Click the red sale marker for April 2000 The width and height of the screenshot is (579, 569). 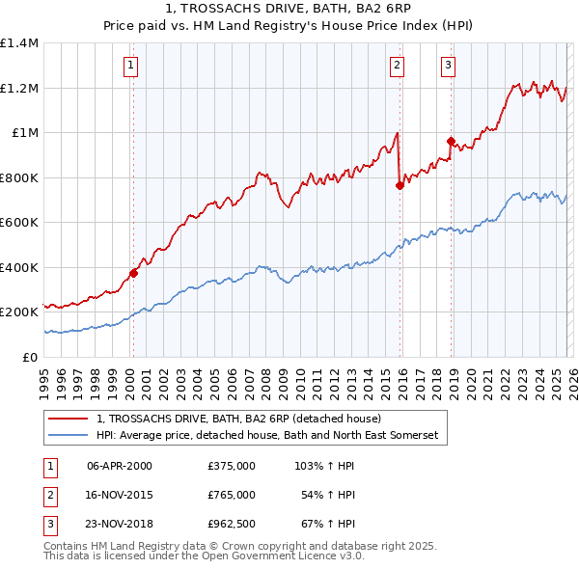[x=133, y=273]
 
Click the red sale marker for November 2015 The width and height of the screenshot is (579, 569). [x=400, y=185]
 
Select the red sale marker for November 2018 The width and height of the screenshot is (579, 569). [x=451, y=142]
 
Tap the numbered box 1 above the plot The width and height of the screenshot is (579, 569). [x=130, y=66]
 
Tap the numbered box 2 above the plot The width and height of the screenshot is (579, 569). [x=397, y=66]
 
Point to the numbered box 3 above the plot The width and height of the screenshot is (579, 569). [x=449, y=66]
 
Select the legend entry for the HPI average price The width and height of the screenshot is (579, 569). [x=267, y=436]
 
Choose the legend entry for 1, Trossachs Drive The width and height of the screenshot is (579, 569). [x=239, y=419]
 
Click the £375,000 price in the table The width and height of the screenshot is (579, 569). [x=232, y=466]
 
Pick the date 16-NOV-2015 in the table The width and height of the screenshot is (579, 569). [x=120, y=495]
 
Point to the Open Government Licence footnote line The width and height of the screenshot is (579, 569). [x=189, y=555]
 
